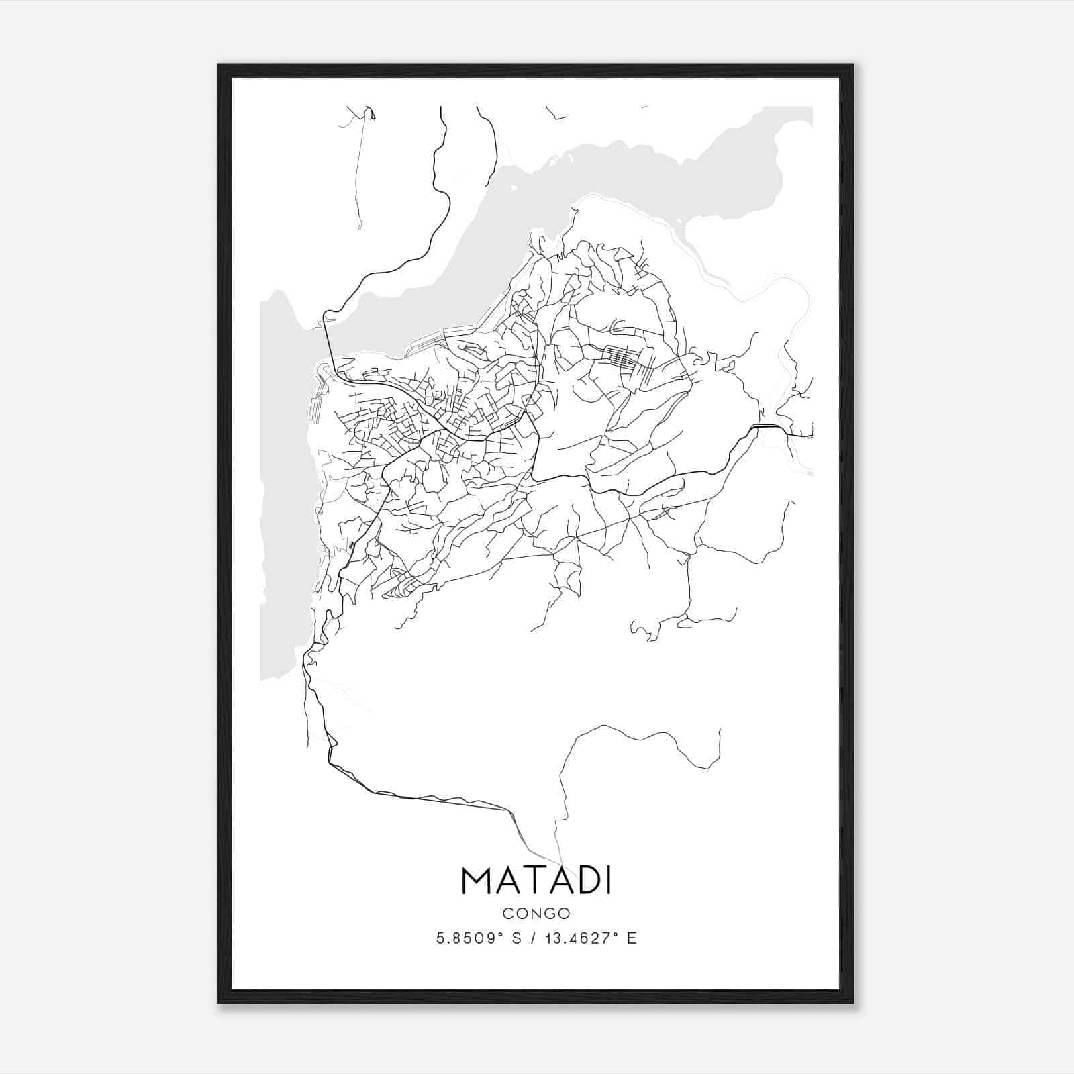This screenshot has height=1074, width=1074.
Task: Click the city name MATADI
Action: [x=536, y=881]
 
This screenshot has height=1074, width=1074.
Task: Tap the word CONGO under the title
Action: [x=536, y=914]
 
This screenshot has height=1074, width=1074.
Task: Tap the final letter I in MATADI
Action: [x=608, y=881]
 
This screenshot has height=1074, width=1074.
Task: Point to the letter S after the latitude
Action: [x=517, y=938]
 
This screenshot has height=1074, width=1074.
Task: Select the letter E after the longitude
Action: [x=632, y=938]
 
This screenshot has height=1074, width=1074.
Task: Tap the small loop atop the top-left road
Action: [x=370, y=113]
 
